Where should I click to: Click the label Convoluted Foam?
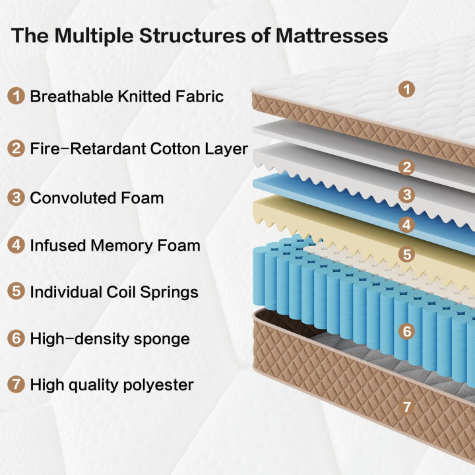point(97,197)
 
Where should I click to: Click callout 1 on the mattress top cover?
point(408,88)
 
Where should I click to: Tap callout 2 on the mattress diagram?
point(408,168)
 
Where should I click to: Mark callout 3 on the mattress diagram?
point(408,195)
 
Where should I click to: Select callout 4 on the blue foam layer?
point(408,225)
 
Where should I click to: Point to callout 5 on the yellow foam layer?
point(408,254)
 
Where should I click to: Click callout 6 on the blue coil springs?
point(408,331)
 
